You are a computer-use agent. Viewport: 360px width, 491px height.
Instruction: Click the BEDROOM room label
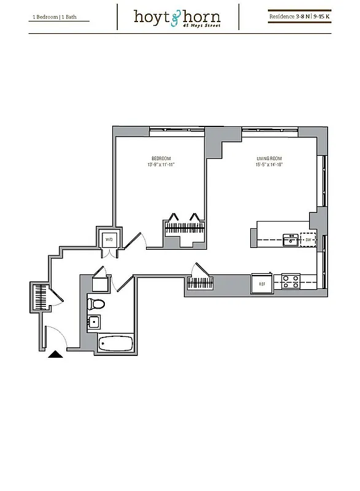161,158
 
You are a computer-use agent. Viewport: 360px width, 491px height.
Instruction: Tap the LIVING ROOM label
269,158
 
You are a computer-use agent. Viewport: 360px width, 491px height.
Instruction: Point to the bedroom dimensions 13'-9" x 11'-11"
161,164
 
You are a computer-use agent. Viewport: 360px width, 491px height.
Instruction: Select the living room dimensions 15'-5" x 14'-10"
269,164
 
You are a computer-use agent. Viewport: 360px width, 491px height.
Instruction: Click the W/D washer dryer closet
110,239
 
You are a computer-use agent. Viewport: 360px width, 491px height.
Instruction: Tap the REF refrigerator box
262,284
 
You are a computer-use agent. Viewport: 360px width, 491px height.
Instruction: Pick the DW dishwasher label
308,240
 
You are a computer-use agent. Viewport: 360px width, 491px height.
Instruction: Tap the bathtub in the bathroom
115,344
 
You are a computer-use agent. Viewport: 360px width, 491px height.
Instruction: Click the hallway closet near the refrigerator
200,283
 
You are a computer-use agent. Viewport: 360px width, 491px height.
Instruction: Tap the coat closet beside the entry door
40,298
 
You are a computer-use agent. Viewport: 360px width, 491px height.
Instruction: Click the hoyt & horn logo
177,17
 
